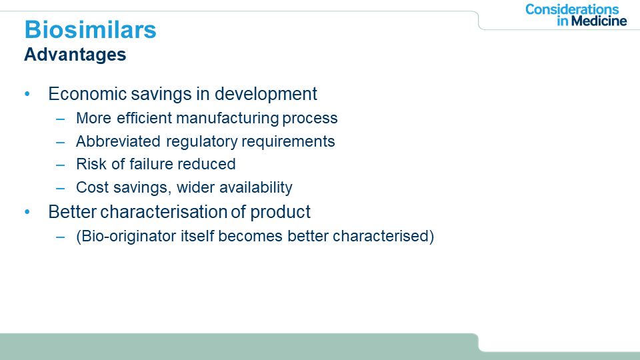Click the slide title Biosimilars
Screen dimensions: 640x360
point(90,29)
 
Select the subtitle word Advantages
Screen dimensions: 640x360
point(75,55)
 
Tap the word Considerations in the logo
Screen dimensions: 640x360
point(572,9)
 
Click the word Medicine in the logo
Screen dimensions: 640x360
point(599,21)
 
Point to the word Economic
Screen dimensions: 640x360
point(88,94)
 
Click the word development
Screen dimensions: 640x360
point(266,94)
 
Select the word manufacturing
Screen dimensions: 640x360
point(228,119)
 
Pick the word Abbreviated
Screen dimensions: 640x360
point(118,141)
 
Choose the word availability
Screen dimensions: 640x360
point(256,188)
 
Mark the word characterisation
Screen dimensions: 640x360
point(163,212)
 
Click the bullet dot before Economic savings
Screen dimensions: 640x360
point(27,94)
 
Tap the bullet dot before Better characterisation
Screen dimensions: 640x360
point(27,212)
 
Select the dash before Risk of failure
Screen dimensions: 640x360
point(61,165)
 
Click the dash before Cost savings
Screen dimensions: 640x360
point(61,189)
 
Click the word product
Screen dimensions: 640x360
point(280,213)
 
